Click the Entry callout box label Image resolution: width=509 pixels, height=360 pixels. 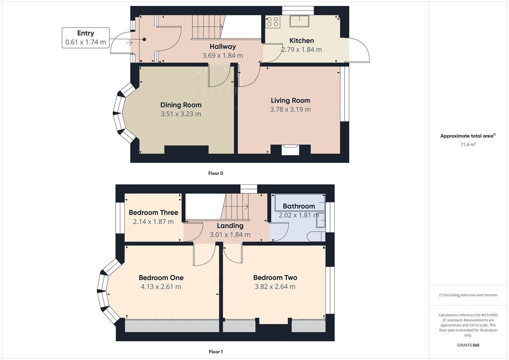click(86, 33)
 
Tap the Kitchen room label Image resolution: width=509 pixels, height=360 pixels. click(301, 41)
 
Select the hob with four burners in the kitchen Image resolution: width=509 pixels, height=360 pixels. click(272, 22)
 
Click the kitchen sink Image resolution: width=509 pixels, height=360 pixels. click(299, 21)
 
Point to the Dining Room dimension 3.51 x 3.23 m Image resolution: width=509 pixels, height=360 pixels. click(181, 114)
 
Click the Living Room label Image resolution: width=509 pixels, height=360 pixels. click(290, 100)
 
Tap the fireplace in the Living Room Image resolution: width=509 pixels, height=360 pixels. click(290, 150)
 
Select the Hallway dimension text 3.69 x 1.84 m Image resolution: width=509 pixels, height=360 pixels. click(222, 56)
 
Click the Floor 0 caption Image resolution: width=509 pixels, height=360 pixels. click(216, 173)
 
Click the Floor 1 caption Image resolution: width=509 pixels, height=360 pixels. click(216, 352)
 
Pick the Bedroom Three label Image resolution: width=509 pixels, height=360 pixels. click(153, 213)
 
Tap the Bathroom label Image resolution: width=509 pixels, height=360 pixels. click(299, 206)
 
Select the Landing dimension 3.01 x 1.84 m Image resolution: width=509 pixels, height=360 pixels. click(230, 235)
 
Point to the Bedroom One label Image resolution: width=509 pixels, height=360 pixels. click(161, 278)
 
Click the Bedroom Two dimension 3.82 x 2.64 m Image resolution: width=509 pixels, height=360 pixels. click(275, 287)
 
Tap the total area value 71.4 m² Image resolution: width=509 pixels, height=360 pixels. click(468, 145)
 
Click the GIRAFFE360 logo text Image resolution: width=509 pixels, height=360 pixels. click(468, 345)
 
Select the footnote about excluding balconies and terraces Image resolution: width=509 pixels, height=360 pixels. click(468, 295)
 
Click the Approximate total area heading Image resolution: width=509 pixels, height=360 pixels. click(468, 136)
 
